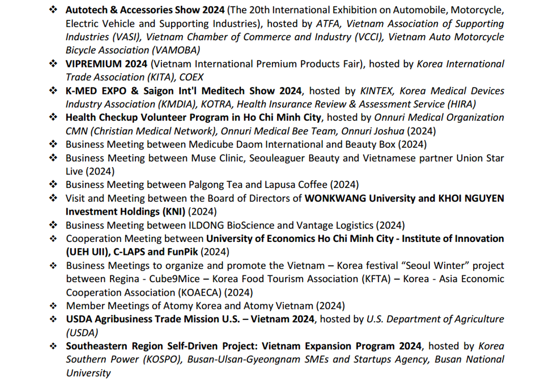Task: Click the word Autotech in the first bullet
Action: (87, 10)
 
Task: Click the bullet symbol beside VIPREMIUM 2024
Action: (53, 64)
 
